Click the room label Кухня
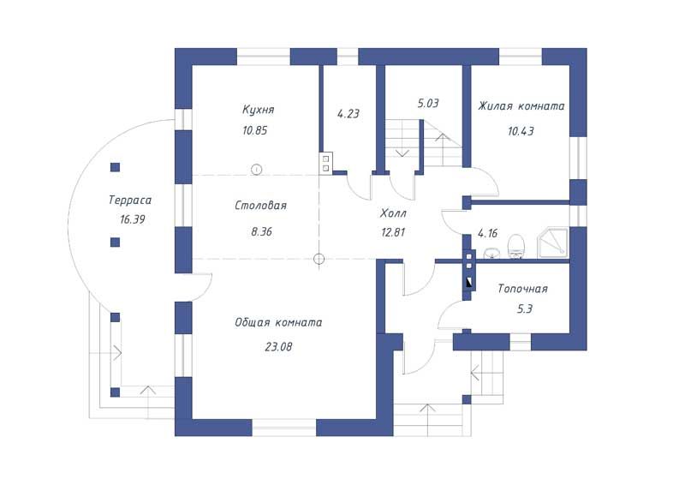[x=259, y=110]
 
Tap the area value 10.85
[x=254, y=130]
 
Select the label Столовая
[x=261, y=205]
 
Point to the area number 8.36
[x=262, y=231]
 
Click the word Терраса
[x=130, y=201]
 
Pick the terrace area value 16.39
[x=133, y=219]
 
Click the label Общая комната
[x=279, y=322]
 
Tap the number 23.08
[x=278, y=347]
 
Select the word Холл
[x=393, y=213]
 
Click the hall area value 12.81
[x=393, y=232]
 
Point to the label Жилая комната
[x=521, y=106]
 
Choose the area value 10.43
[x=521, y=131]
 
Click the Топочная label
[x=523, y=289]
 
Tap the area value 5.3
[x=525, y=309]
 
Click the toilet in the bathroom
[x=516, y=247]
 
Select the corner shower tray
[x=552, y=242]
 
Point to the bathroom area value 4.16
[x=487, y=233]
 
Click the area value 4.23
[x=348, y=114]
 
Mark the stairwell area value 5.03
[x=428, y=104]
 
